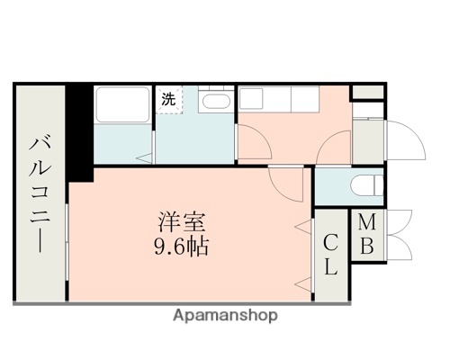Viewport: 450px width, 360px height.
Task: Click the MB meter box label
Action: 367,234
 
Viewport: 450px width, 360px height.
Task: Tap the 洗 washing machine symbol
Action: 168,100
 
